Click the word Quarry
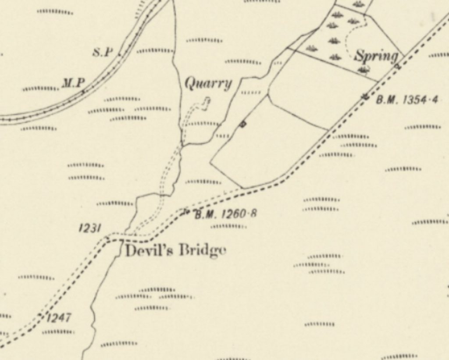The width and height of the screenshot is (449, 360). point(208,83)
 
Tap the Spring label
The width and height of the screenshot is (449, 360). point(376,56)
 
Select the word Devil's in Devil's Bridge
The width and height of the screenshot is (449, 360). point(146,251)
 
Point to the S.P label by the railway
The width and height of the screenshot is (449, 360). point(102,53)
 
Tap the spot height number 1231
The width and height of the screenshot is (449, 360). point(90,228)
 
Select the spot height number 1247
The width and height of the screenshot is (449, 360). point(59,317)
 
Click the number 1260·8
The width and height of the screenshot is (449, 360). point(239,214)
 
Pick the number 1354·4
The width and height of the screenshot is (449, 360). point(420,100)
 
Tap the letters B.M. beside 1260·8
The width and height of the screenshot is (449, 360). point(204,214)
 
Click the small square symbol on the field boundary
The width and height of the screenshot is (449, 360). point(243,125)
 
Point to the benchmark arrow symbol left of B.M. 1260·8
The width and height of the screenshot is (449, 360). point(186,212)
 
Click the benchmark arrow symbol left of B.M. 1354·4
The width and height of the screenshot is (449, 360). point(365,96)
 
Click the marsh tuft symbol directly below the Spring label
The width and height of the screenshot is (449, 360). point(363,69)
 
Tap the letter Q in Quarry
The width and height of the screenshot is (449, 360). point(190,82)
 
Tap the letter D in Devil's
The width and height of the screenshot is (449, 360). point(131,251)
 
